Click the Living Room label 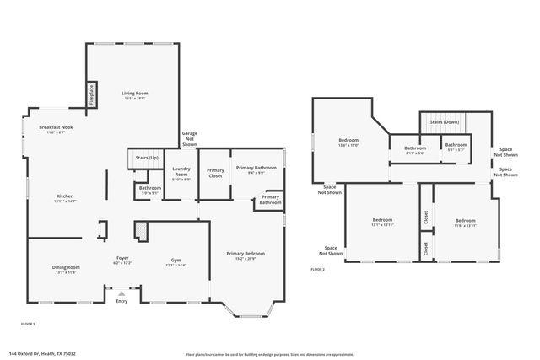133,94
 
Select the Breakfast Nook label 57,127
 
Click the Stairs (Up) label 138,158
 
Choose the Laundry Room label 181,172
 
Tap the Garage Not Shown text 189,138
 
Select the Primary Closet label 215,172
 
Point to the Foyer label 122,259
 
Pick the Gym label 175,260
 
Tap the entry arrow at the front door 121,293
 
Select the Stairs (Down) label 444,121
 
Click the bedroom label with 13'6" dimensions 348,140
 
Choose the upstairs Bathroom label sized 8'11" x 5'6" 414,148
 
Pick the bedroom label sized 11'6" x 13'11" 466,221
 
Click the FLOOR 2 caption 317,269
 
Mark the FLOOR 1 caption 28,323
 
